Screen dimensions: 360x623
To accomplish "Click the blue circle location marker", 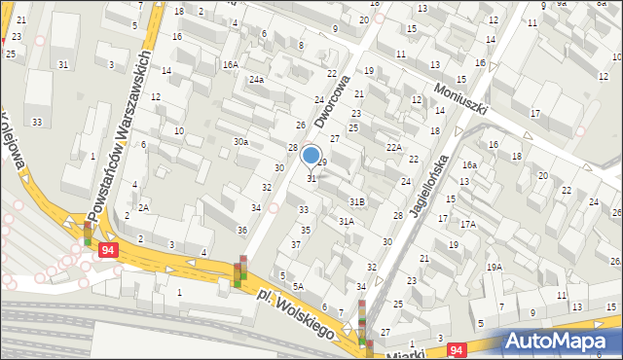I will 311,155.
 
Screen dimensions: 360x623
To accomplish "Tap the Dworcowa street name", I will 333,102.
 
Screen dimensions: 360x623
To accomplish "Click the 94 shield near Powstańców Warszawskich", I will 107,251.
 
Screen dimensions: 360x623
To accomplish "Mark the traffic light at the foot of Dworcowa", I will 240,272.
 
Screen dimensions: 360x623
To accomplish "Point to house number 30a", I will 240,142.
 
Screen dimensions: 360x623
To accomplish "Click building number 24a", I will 256,80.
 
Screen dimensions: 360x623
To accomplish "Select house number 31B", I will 357,201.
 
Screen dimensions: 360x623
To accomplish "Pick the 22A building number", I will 393,147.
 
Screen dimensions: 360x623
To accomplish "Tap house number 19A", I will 495,267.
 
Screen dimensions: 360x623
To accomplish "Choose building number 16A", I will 230,64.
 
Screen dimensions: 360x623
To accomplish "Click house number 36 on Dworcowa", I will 242,230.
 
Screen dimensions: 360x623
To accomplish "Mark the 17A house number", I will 468,225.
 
